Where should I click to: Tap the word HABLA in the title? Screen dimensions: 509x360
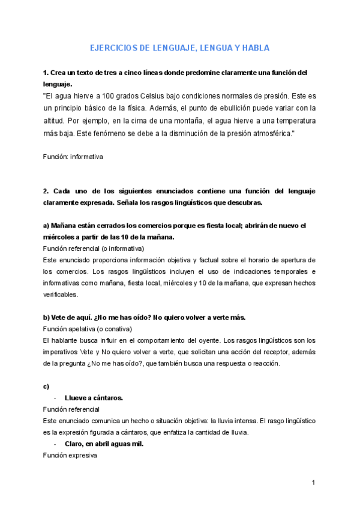tap(254, 48)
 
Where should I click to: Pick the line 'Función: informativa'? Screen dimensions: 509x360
tap(73, 157)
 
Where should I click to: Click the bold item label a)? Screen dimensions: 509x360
tap(46, 226)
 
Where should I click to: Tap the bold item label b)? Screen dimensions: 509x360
tap(46, 318)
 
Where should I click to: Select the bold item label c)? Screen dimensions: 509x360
tap(46, 385)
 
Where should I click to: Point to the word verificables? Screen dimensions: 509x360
tap(60, 295)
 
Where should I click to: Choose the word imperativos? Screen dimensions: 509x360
tap(60, 352)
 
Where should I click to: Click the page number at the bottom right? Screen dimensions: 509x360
tap(313, 483)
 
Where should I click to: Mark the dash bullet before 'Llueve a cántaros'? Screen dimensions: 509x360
tap(55, 397)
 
